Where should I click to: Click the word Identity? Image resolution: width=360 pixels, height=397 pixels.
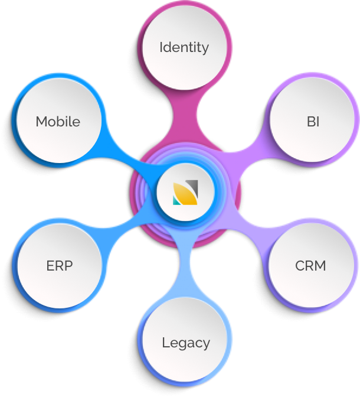184,47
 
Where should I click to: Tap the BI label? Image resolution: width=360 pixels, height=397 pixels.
312,122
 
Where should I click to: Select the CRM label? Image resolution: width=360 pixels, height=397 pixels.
310,266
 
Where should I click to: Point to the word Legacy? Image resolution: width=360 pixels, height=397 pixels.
186,342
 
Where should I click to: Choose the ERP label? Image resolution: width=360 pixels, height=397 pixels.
59,266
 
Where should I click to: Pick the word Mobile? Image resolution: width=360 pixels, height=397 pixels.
58,122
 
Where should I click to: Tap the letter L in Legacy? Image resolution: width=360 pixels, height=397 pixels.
165,342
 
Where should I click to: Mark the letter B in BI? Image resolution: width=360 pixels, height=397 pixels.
309,122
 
